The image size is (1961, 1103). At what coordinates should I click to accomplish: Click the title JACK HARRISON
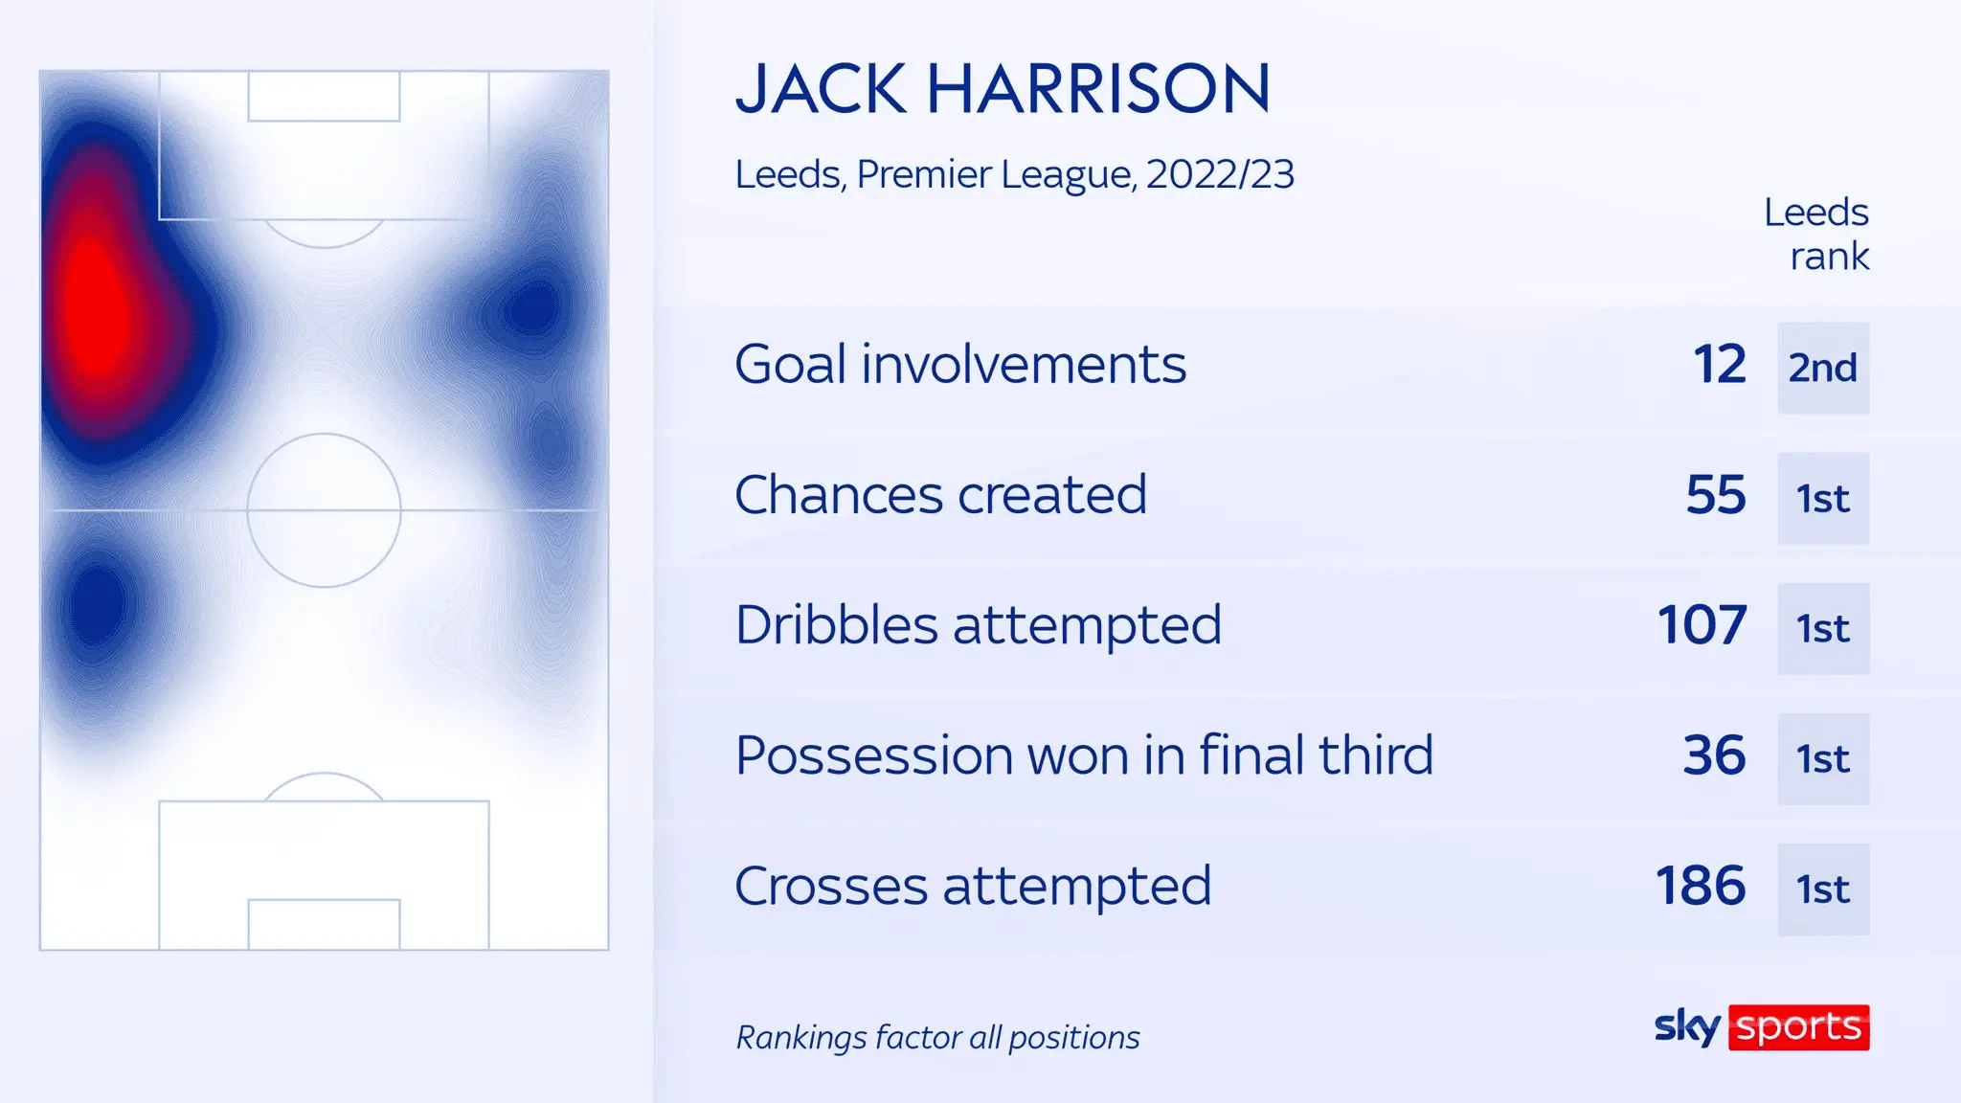1003,89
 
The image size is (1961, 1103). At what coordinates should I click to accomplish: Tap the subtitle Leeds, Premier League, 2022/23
1014,174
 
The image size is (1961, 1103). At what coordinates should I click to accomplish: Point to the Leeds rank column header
1816,235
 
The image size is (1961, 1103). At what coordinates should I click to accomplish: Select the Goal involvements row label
960,365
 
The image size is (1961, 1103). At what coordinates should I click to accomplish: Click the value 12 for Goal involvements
1720,365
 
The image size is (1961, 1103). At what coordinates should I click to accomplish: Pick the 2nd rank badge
1823,368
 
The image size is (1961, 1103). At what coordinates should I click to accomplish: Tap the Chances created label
940,495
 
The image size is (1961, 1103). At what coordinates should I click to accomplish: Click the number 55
1716,495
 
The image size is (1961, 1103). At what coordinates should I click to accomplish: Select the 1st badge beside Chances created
1823,498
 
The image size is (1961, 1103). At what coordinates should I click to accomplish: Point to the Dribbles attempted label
978,625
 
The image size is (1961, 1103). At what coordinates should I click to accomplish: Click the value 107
1702,625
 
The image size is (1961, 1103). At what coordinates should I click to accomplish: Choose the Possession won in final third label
1084,755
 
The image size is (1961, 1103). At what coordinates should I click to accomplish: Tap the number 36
1715,755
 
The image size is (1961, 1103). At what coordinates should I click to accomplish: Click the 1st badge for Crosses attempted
1823,889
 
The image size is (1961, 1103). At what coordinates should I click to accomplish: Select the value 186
1702,886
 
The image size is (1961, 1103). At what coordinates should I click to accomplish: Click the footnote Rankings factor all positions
937,1037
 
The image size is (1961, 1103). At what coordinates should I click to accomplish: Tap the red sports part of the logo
1799,1027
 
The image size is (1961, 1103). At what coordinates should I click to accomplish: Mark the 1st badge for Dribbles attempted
1823,628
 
